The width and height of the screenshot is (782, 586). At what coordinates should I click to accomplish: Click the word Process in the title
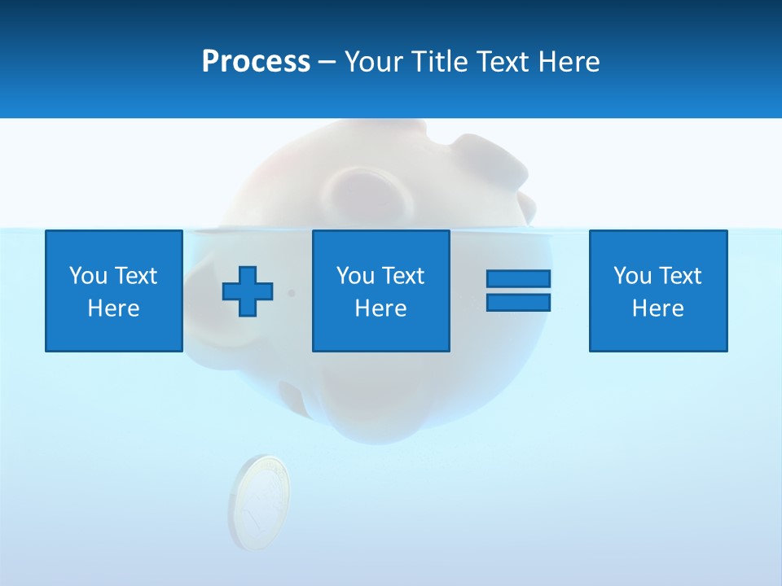point(256,62)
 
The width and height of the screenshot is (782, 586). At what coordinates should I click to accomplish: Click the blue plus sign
point(248,291)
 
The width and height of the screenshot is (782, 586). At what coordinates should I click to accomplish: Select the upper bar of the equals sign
point(518,278)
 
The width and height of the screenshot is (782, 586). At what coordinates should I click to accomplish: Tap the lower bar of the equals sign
point(518,302)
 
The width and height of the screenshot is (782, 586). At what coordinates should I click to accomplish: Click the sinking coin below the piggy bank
point(259,501)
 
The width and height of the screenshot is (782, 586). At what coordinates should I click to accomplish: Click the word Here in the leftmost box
point(113,308)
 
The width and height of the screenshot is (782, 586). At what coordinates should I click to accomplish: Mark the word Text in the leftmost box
point(135,276)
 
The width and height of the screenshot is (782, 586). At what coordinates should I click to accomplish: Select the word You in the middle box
point(354,276)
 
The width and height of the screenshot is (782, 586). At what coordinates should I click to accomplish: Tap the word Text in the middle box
point(402,276)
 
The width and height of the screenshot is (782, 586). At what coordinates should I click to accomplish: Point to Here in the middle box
point(380,308)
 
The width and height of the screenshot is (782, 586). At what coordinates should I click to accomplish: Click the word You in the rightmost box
point(631,276)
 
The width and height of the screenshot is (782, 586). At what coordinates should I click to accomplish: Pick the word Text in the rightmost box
point(679,276)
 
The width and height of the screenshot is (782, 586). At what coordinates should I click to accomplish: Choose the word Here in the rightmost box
point(657,308)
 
